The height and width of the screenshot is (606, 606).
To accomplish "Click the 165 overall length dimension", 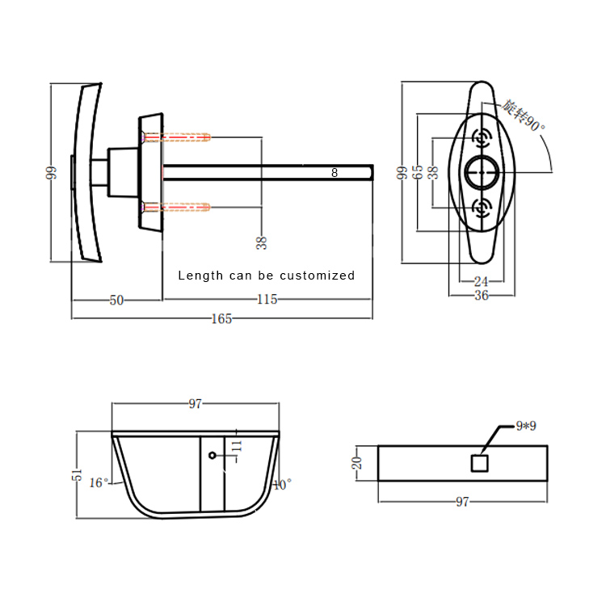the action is [221, 319].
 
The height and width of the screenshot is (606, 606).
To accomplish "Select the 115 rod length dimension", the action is [267, 299].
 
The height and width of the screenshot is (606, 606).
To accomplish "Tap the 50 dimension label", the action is [116, 301].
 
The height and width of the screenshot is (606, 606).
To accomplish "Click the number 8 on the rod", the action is [335, 173].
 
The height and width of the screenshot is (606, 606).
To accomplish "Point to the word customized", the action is [317, 276].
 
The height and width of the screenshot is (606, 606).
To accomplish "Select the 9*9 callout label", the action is [526, 426].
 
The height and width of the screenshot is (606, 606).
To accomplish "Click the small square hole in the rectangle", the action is [480, 464].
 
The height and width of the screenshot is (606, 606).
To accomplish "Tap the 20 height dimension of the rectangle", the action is [356, 463].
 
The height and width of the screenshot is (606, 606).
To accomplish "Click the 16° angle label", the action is [99, 482].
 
